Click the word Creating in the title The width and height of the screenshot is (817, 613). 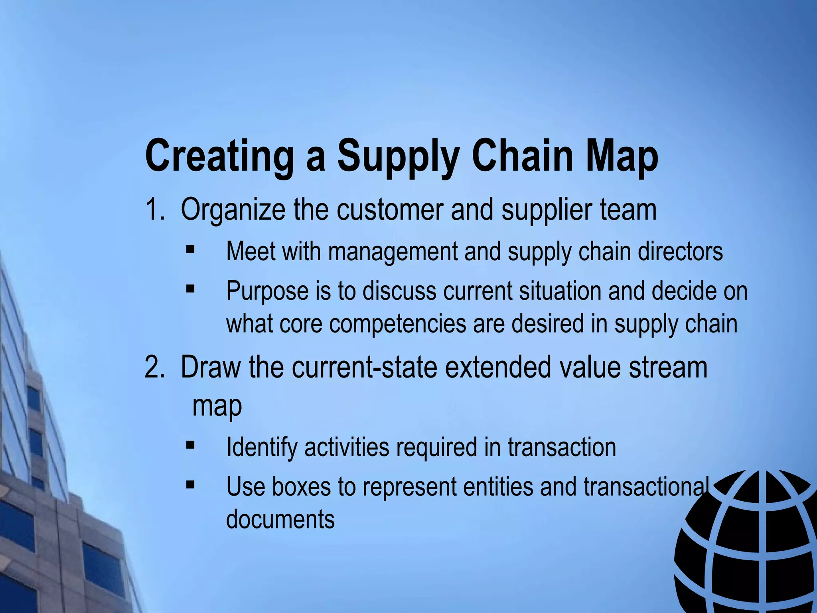pyautogui.click(x=219, y=156)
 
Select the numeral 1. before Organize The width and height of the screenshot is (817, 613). pyautogui.click(x=154, y=210)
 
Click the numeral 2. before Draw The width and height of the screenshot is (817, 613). pyautogui.click(x=154, y=367)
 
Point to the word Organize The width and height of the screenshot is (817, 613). pyautogui.click(x=233, y=211)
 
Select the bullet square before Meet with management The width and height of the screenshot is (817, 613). pyautogui.click(x=190, y=250)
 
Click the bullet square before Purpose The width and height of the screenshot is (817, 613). pyautogui.click(x=190, y=288)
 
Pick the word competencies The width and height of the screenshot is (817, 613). pyautogui.click(x=397, y=324)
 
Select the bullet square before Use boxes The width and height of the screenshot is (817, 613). pyautogui.click(x=190, y=484)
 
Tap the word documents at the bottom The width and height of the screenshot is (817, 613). pyautogui.click(x=280, y=519)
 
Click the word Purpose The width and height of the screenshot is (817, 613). pyautogui.click(x=267, y=291)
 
